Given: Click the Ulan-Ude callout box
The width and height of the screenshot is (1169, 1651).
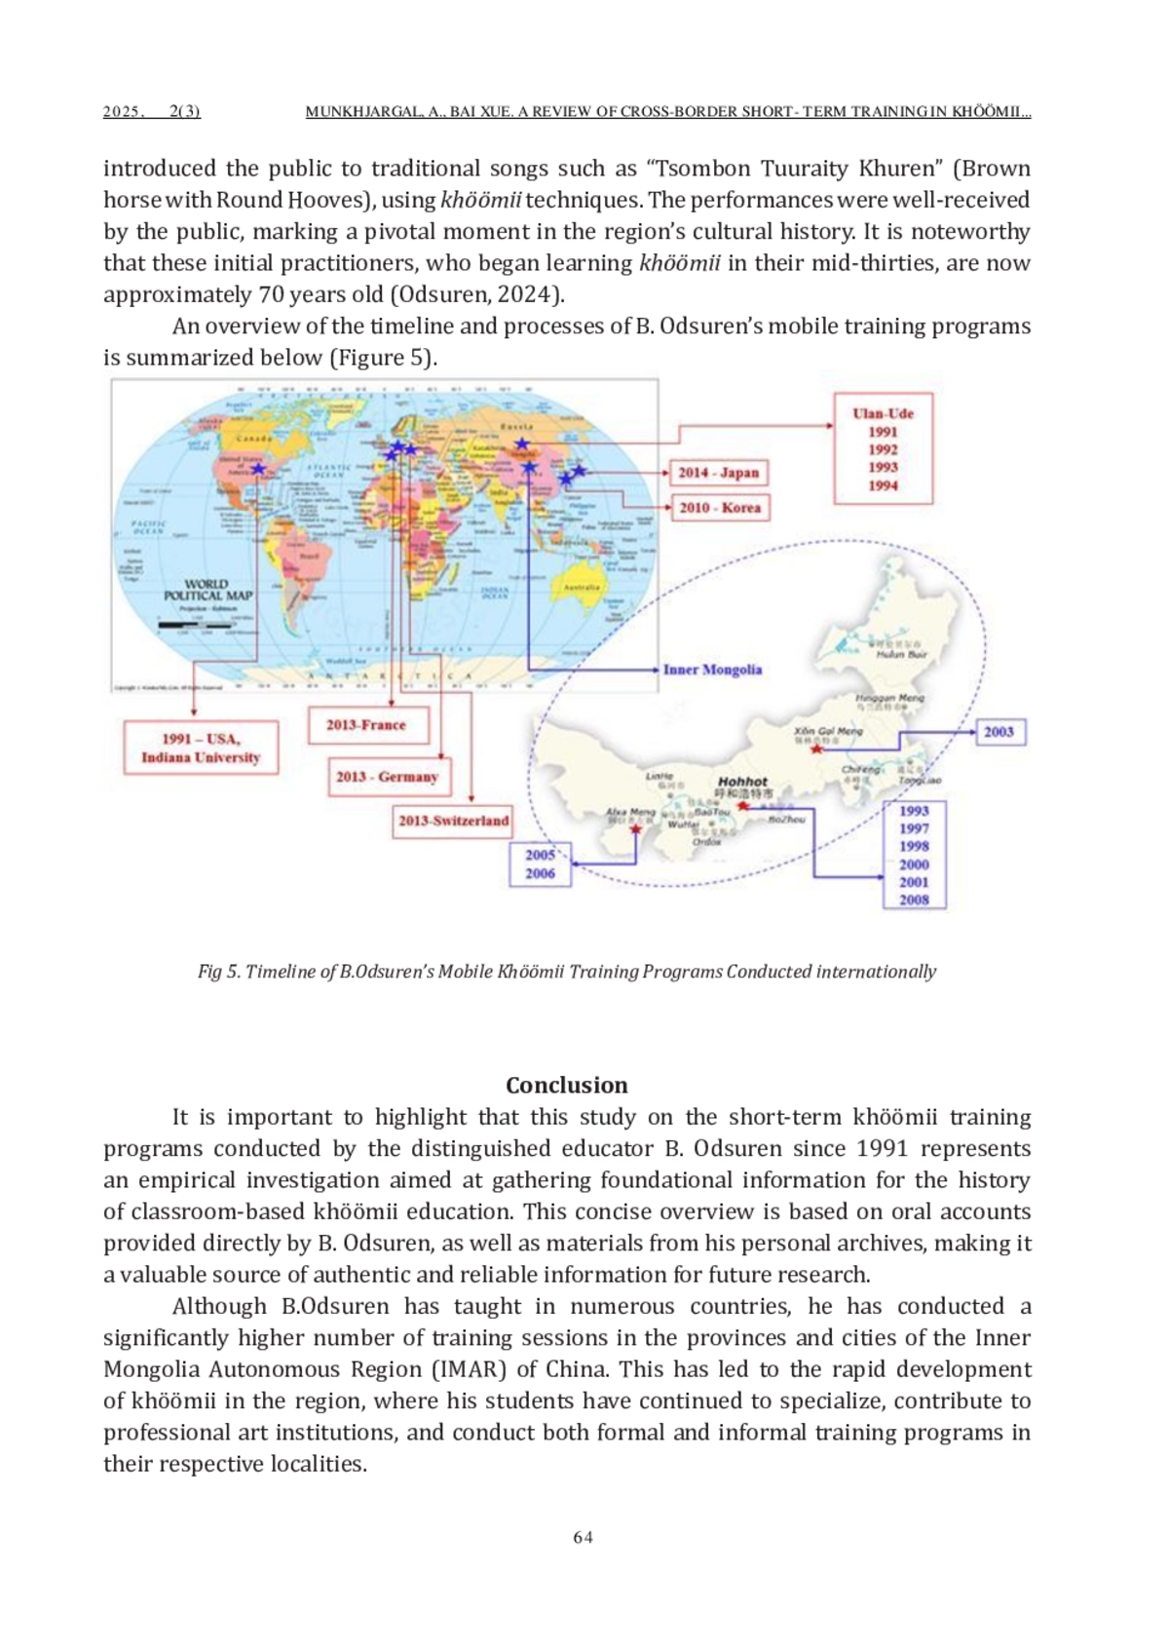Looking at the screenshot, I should (x=883, y=448).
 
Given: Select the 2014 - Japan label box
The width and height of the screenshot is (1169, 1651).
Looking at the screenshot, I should (x=719, y=473).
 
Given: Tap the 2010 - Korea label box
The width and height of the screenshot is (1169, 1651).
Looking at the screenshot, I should (x=720, y=508).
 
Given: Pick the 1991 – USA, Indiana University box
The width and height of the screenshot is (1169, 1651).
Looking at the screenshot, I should (x=201, y=749).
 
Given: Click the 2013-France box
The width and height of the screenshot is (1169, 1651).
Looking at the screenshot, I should (x=367, y=725).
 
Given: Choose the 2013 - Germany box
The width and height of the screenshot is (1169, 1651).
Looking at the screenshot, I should (x=388, y=777).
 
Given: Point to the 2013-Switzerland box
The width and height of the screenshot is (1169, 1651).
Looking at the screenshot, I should (x=453, y=821).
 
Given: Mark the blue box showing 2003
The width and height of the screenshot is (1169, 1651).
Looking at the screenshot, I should (x=999, y=732).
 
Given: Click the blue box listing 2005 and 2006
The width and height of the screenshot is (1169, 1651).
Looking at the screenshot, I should (x=540, y=864).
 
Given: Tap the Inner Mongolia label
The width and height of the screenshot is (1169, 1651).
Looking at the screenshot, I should (x=712, y=670).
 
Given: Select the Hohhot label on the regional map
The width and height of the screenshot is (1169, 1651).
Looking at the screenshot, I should (x=742, y=782).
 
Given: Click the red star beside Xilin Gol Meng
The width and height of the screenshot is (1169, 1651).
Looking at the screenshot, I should (x=816, y=749).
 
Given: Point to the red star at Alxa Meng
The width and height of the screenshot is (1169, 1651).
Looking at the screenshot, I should (x=635, y=829).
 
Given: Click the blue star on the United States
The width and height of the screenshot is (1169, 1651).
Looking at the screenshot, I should (x=258, y=469).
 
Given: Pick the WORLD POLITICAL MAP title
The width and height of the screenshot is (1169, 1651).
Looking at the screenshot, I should (x=207, y=590).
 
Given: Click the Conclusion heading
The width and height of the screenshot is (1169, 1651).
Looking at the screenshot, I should (x=566, y=1086).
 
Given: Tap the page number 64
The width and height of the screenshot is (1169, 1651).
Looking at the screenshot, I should (x=583, y=1537).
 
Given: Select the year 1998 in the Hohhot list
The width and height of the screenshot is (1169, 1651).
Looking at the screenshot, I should (x=914, y=846).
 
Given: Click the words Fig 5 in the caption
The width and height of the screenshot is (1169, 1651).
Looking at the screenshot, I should (x=218, y=972).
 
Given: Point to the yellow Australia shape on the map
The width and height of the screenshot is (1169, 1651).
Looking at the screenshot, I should (x=581, y=588).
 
